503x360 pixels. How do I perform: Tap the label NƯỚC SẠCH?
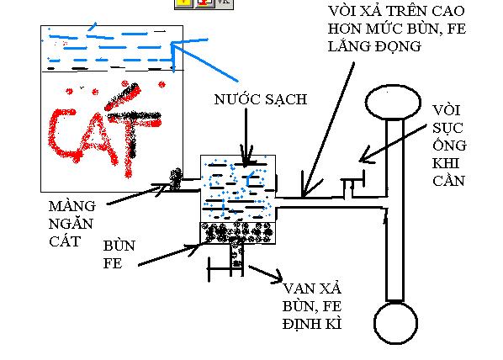261,99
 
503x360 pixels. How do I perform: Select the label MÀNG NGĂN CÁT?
72,224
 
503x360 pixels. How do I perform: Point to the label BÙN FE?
119,254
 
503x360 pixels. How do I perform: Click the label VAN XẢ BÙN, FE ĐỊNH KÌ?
312,306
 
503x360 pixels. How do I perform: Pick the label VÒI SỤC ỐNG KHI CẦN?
449,146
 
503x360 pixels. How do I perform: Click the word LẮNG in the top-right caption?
348,46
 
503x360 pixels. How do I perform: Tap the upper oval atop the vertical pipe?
393,102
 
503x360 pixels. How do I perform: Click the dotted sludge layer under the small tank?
238,233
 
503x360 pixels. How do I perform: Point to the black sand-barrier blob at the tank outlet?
176,180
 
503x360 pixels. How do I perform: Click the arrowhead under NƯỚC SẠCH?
246,157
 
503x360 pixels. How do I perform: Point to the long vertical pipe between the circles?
394,210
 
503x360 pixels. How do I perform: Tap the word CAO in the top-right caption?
448,11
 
